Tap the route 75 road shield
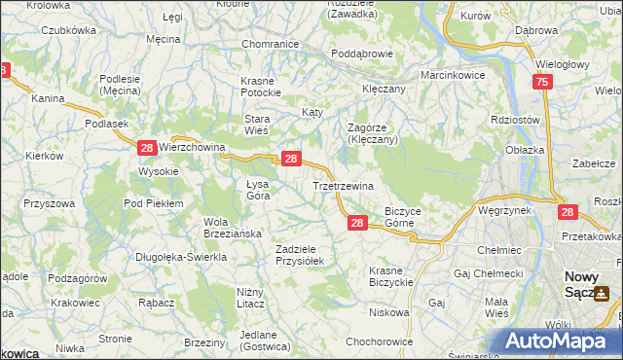[542, 84]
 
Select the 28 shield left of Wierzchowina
[146, 147]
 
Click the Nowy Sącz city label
[582, 283]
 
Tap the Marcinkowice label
[453, 75]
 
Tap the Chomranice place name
[270, 44]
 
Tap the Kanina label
[48, 99]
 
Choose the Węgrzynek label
[504, 210]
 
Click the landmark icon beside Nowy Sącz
[603, 293]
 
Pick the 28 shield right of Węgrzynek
[568, 211]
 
